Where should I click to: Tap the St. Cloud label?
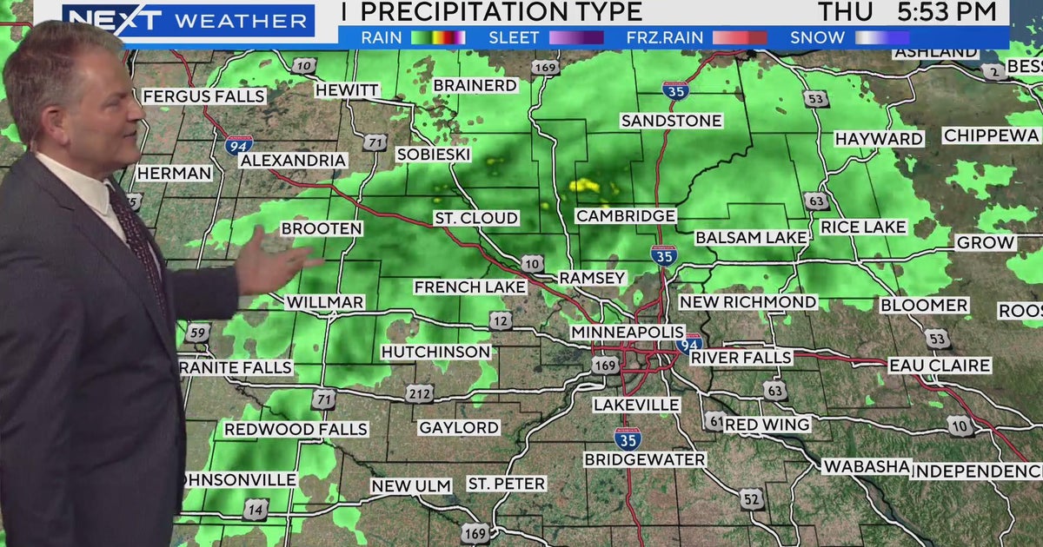click(476, 218)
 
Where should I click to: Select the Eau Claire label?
click(940, 366)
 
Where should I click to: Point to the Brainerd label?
click(475, 85)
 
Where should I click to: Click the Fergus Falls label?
click(203, 96)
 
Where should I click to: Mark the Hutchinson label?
click(435, 352)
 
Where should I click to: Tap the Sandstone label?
click(671, 121)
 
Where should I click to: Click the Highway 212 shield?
click(419, 394)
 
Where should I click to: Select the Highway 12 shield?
click(500, 321)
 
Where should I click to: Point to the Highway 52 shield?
click(752, 498)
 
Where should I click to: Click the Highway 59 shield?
click(197, 333)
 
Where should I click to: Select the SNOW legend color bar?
click(881, 37)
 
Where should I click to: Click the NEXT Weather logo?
click(188, 20)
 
